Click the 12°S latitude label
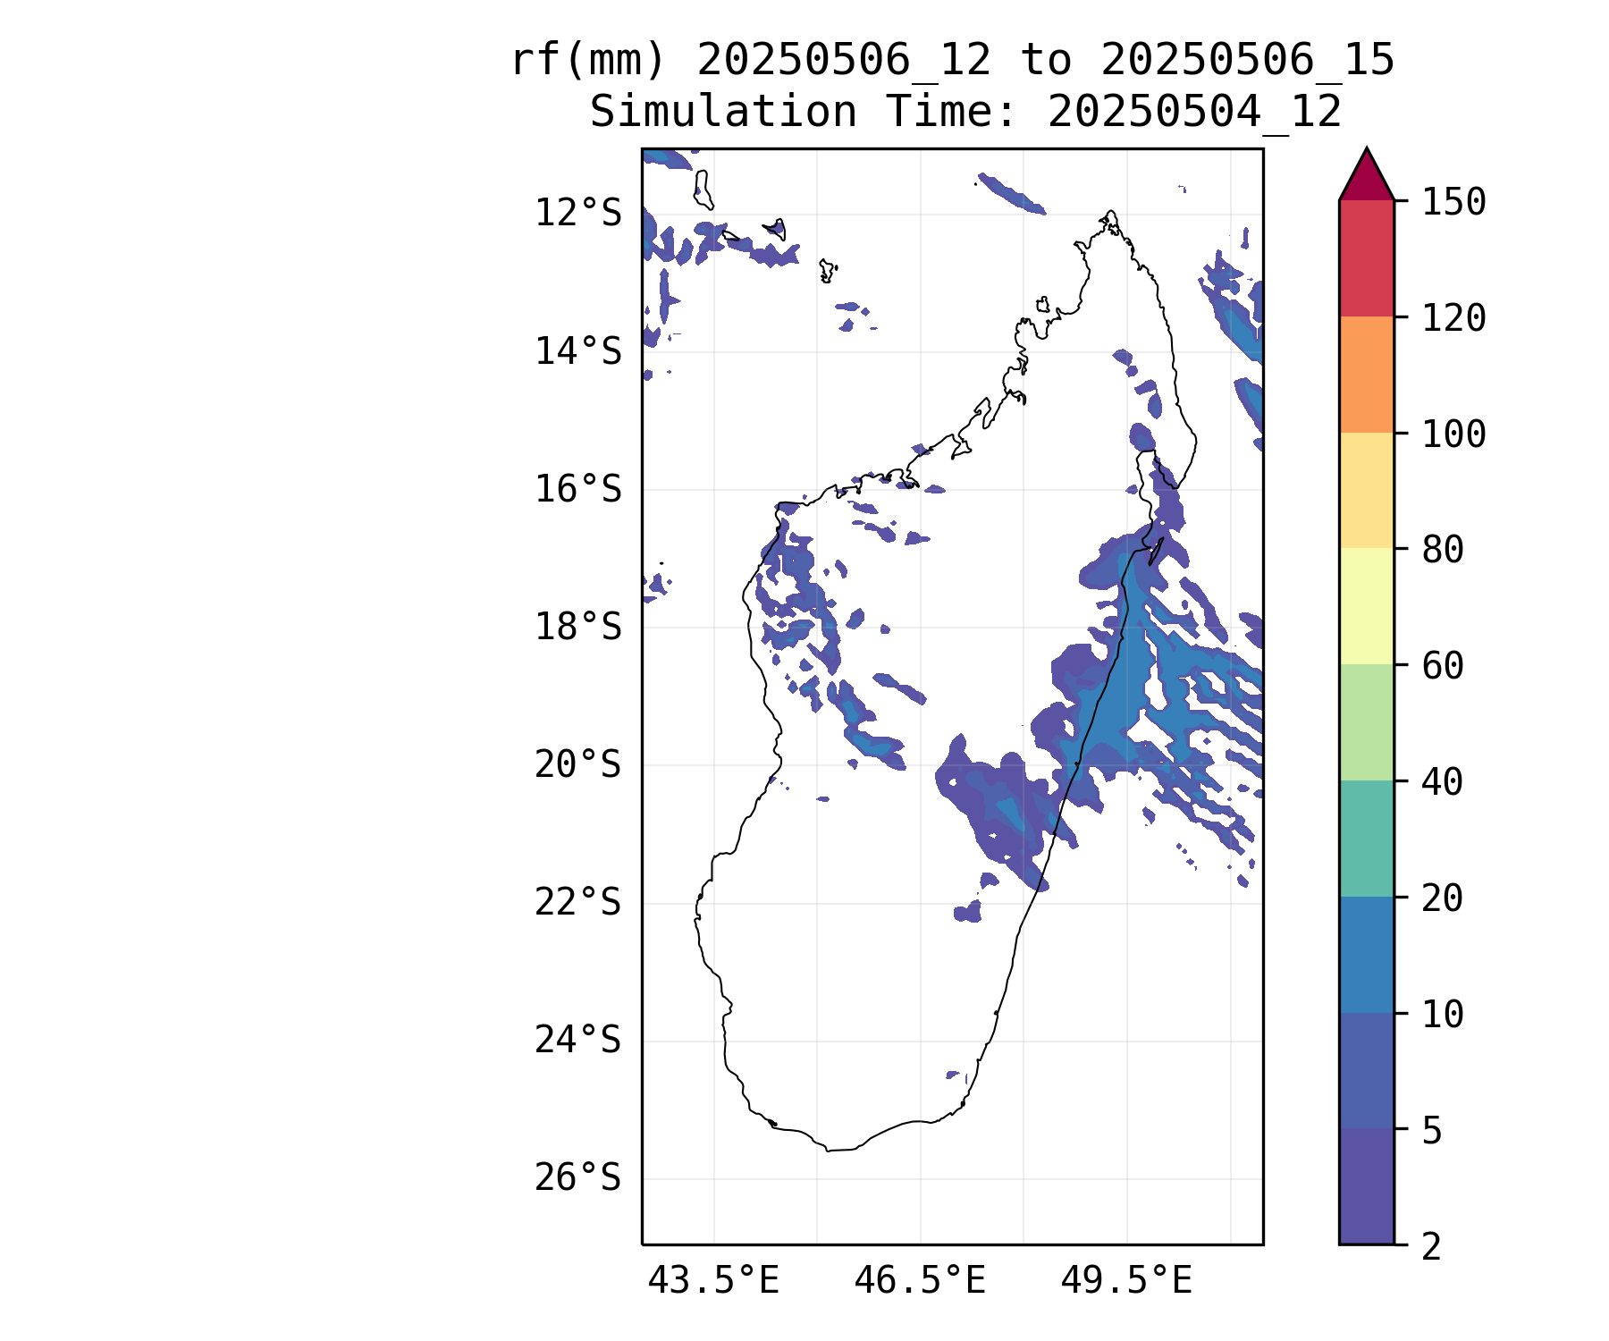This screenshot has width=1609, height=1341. (x=577, y=214)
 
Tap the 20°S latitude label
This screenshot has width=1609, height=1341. (x=577, y=765)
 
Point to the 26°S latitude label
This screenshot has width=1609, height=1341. (x=577, y=1178)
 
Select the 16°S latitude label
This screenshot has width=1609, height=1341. (x=577, y=490)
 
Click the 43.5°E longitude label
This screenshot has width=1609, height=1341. (x=713, y=1281)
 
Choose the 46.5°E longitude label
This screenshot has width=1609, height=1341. (x=920, y=1281)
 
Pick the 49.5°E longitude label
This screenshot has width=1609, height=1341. (x=1126, y=1281)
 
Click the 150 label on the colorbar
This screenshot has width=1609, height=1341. (x=1453, y=202)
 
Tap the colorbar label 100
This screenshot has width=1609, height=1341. (x=1453, y=434)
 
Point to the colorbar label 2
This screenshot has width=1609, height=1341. (x=1432, y=1246)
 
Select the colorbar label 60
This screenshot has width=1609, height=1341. (x=1443, y=666)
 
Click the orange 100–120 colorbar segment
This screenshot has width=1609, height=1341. (x=1366, y=375)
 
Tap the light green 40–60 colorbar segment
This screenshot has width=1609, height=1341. (x=1366, y=722)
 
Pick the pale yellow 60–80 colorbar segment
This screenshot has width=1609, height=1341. (x=1366, y=606)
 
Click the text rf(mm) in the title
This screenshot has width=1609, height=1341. (x=589, y=61)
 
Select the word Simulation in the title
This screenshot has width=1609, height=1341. (x=723, y=113)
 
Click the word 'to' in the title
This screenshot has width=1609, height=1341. (x=1046, y=61)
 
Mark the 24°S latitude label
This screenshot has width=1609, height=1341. (x=577, y=1041)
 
